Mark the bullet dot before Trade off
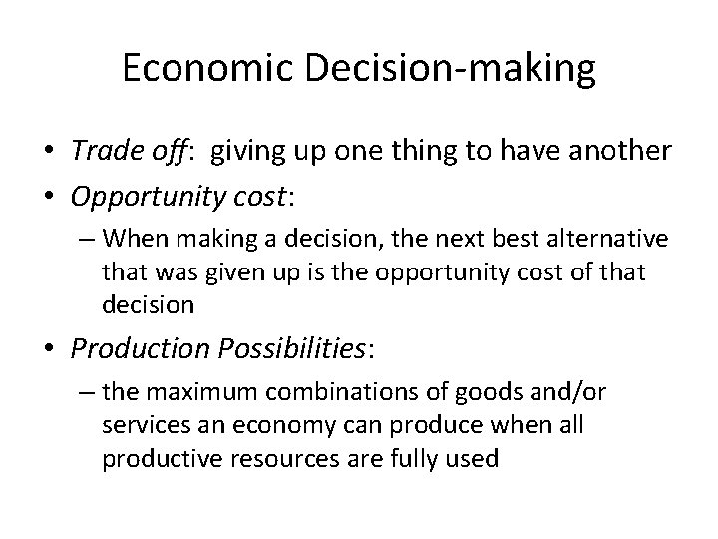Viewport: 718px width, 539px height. point(50,151)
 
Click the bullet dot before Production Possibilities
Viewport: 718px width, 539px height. point(50,350)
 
